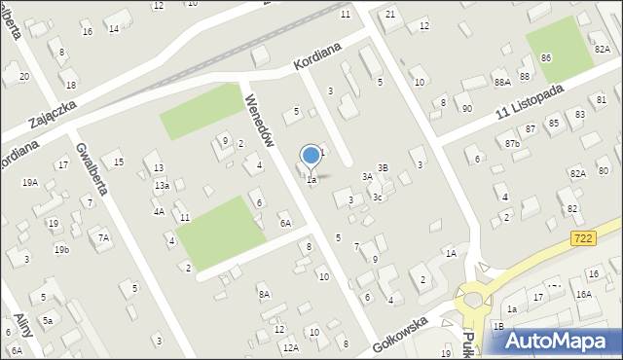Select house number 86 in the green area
(546, 59)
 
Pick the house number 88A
(501, 83)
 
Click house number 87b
(512, 144)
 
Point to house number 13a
(162, 185)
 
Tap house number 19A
(30, 182)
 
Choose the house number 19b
(61, 250)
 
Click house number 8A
(264, 294)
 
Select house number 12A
(290, 347)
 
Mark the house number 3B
(383, 168)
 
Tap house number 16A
(583, 294)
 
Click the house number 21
(390, 14)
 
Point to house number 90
(467, 108)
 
